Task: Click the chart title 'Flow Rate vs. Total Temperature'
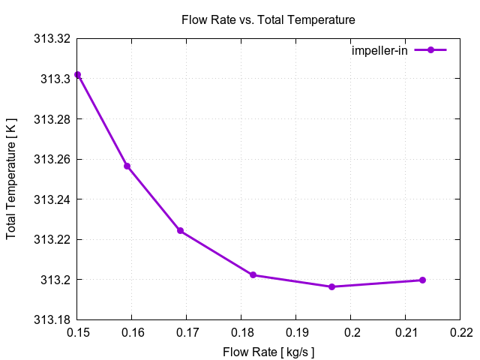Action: pyautogui.click(x=268, y=19)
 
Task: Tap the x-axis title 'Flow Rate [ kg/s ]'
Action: pyautogui.click(x=268, y=352)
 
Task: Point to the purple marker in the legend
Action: pyautogui.click(x=430, y=50)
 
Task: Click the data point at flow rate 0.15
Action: pyautogui.click(x=77, y=75)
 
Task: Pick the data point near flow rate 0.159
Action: pyautogui.click(x=127, y=166)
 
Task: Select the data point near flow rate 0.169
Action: pyautogui.click(x=181, y=231)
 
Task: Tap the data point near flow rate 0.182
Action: pyautogui.click(x=253, y=275)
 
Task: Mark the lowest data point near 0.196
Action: pyautogui.click(x=331, y=286)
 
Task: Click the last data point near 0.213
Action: pyautogui.click(x=422, y=280)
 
